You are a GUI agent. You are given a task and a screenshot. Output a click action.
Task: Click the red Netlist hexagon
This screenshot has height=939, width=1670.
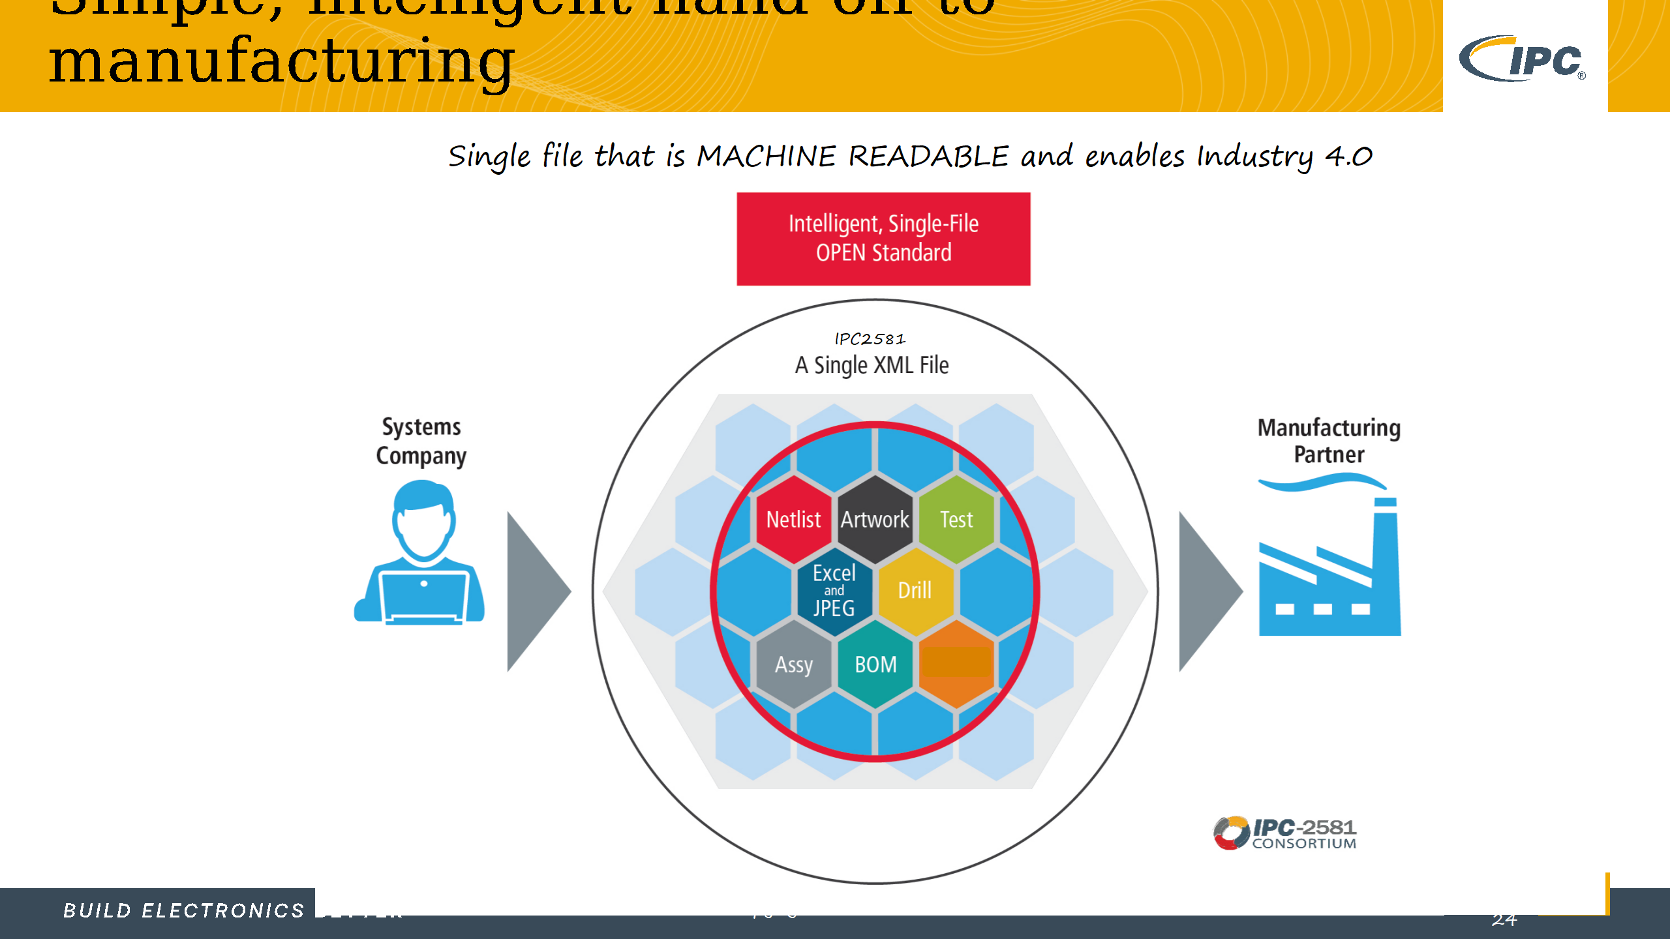(x=793, y=520)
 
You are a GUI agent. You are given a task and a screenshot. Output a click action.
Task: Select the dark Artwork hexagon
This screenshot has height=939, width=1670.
(x=875, y=520)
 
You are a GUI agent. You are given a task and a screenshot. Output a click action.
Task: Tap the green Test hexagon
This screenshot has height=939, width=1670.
(x=956, y=520)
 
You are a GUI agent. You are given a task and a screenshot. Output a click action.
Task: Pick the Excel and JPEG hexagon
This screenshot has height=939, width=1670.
(x=834, y=591)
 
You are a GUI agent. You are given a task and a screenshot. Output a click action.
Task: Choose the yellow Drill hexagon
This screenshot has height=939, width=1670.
(x=915, y=591)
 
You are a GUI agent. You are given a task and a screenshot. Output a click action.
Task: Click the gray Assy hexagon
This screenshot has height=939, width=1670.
(x=794, y=664)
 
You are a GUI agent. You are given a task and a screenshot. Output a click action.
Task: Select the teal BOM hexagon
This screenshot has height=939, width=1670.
(x=875, y=664)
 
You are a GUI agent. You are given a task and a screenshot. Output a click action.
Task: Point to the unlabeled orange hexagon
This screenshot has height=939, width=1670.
(x=956, y=664)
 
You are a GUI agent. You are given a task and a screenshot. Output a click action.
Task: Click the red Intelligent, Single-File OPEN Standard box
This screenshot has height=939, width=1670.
(x=883, y=239)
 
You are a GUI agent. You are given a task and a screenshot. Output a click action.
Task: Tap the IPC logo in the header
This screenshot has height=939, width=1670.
(x=1524, y=59)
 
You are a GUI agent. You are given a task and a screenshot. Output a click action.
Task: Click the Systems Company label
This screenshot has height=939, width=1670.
(x=421, y=441)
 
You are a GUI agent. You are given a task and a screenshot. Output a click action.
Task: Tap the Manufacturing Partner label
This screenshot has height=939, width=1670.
(x=1329, y=441)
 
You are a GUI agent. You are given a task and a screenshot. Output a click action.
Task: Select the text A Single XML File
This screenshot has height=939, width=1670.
(x=872, y=365)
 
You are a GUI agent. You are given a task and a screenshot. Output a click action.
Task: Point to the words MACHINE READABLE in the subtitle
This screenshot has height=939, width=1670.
(x=853, y=156)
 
